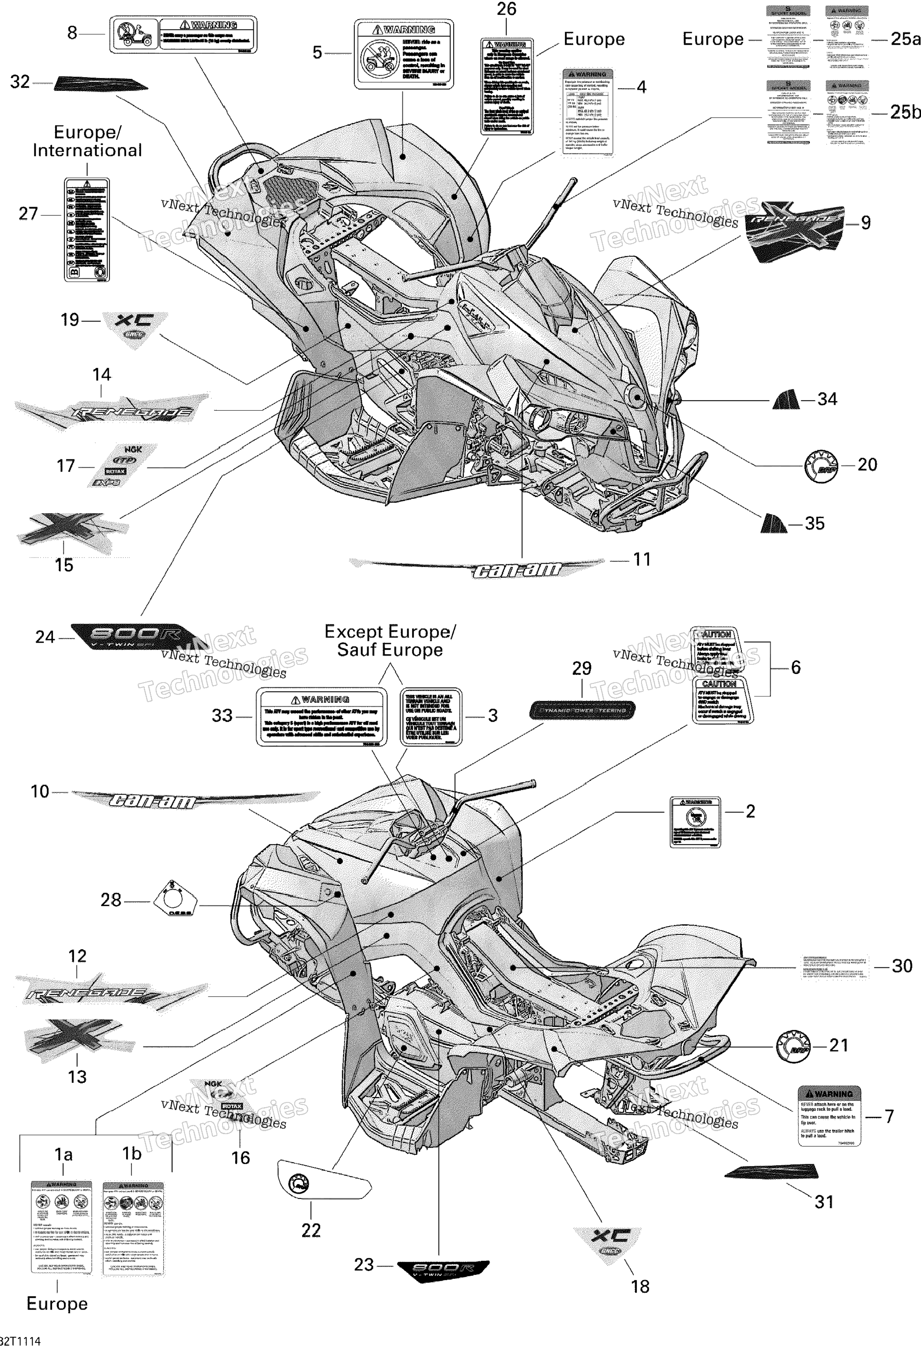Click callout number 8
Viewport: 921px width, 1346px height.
point(72,33)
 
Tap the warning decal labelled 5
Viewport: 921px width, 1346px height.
point(403,54)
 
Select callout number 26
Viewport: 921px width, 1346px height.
point(507,9)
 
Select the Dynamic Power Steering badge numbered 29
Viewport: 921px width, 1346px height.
point(582,710)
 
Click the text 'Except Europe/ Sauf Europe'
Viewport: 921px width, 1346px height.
point(390,640)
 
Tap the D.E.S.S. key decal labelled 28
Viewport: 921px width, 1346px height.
point(174,901)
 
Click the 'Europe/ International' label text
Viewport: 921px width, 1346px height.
point(87,141)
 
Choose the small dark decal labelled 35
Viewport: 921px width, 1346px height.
point(773,523)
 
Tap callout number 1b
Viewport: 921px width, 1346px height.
point(132,1153)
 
